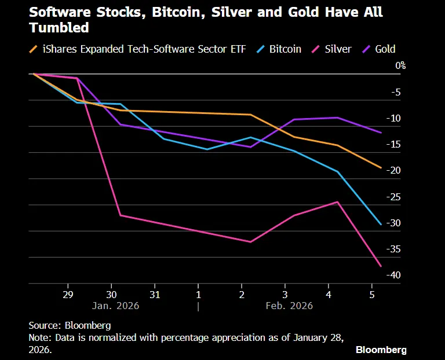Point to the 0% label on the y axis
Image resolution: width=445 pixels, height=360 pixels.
coord(400,66)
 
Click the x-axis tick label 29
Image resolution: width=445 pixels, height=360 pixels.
coord(68,293)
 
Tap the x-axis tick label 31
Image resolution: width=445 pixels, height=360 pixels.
coord(155,293)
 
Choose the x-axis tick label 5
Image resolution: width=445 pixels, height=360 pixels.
coord(372,293)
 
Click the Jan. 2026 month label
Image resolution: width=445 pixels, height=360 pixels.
coord(115,306)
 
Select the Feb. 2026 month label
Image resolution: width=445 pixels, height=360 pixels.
coord(289,306)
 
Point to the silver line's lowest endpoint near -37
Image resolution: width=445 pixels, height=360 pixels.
coord(381,266)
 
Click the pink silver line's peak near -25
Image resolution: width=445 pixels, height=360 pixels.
coord(337,202)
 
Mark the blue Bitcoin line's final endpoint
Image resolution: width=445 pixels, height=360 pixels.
coord(381,225)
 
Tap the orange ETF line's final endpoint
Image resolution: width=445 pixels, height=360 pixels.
coord(381,168)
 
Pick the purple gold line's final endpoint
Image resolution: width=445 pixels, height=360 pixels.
coord(381,133)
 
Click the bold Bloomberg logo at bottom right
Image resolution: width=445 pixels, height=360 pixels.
coord(381,350)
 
